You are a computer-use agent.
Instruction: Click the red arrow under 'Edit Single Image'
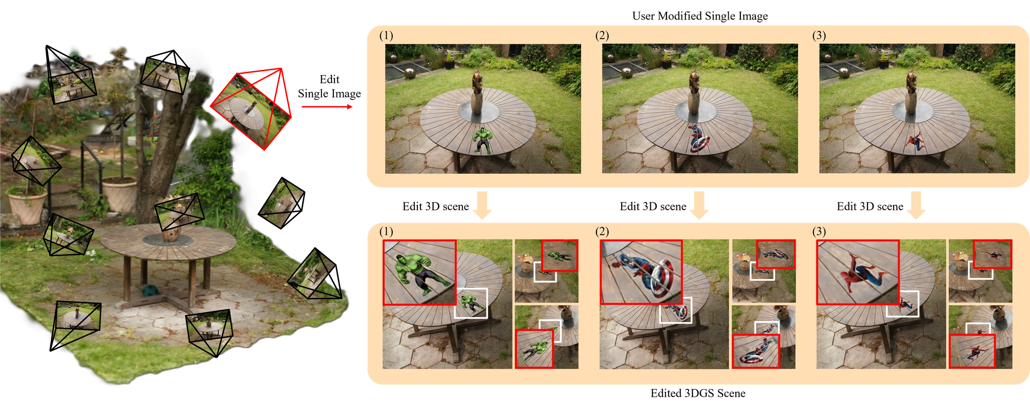click(x=327, y=107)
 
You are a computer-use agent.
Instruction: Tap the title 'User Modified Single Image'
click(x=700, y=16)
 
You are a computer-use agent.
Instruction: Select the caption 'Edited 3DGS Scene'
click(x=698, y=393)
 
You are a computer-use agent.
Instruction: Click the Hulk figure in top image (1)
click(x=482, y=141)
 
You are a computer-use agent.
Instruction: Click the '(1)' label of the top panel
click(x=386, y=36)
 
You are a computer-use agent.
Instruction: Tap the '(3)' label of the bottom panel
click(x=819, y=232)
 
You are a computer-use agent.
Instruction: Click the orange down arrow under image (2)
click(x=700, y=205)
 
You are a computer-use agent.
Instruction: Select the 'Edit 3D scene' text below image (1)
click(x=436, y=207)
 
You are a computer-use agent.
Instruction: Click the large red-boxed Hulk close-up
click(x=419, y=272)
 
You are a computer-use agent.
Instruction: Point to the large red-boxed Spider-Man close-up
click(x=857, y=272)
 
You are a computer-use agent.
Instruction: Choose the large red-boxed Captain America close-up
click(x=641, y=272)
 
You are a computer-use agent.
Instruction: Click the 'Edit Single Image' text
click(x=329, y=86)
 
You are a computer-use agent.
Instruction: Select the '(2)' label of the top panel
click(x=602, y=36)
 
